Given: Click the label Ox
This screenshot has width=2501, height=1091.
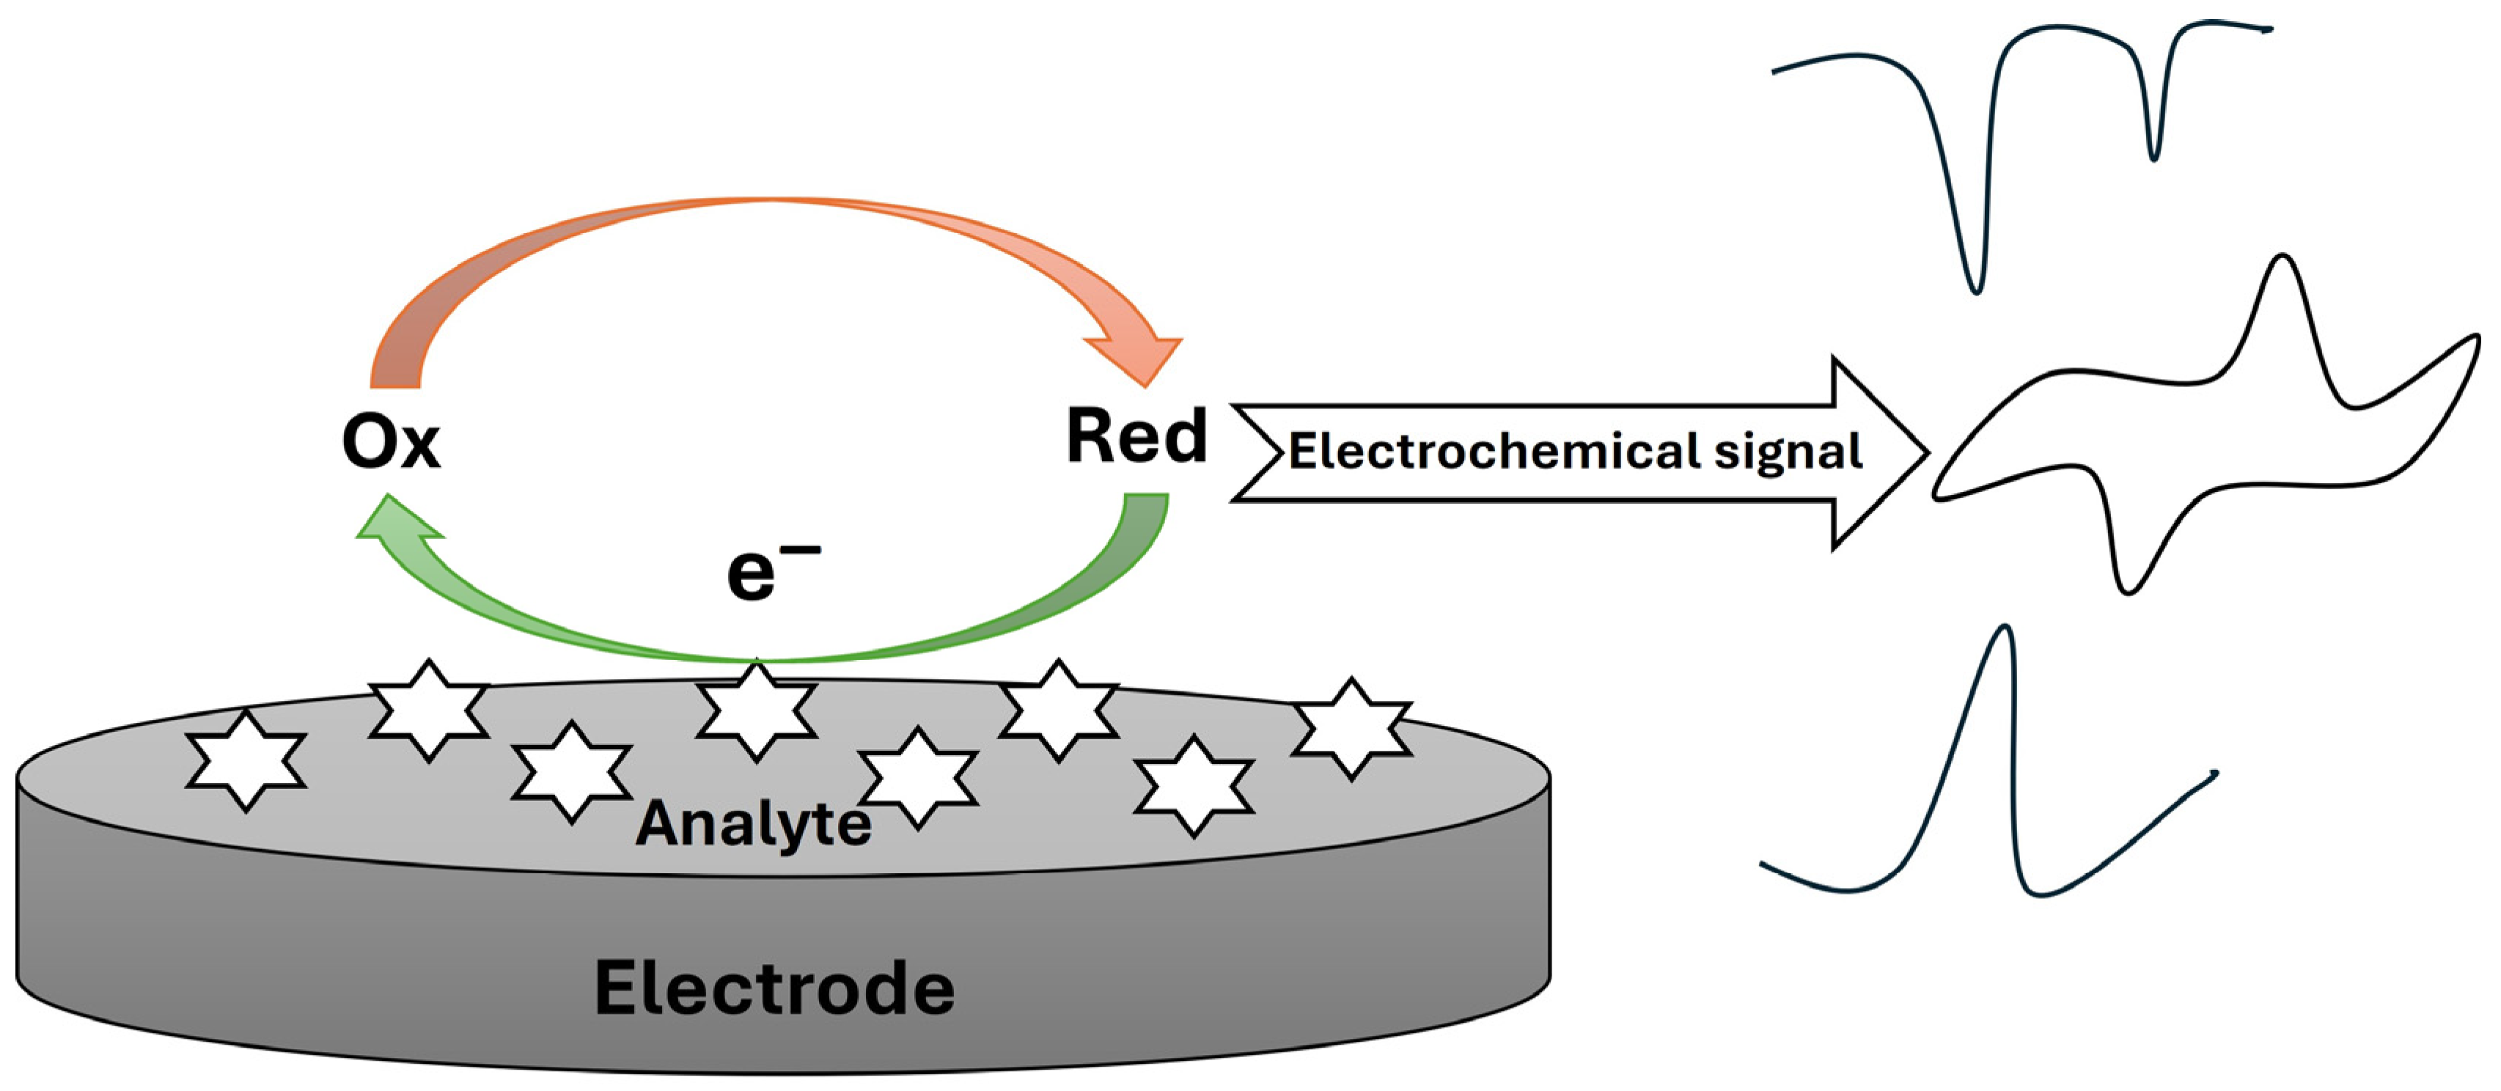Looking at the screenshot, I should click(x=392, y=443).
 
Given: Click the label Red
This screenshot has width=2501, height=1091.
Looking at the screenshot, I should click(x=1136, y=437).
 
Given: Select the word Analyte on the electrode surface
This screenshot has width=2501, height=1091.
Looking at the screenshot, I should click(x=754, y=825).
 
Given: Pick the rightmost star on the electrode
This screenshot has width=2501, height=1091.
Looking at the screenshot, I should click(x=1351, y=728).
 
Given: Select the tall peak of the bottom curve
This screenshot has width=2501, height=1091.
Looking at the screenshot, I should click(x=2003, y=629).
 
